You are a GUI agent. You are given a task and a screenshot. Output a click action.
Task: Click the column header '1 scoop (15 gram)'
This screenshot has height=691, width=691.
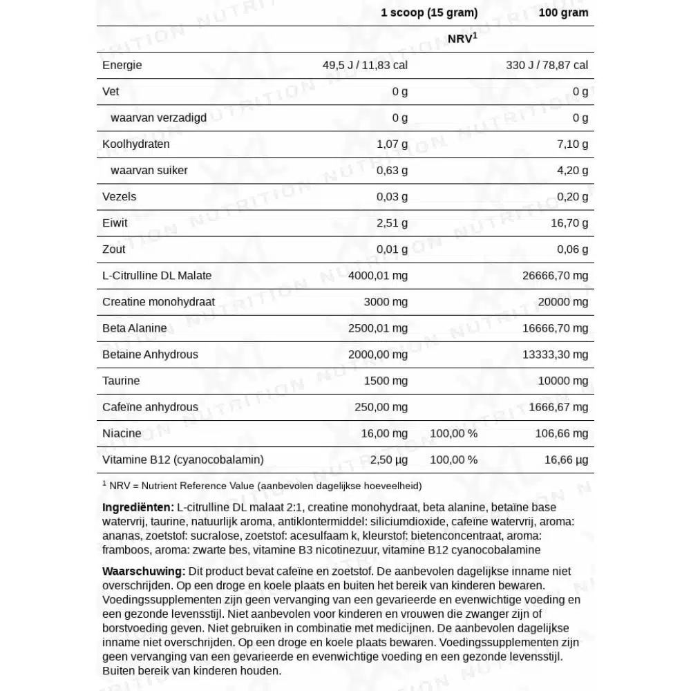coord(429,12)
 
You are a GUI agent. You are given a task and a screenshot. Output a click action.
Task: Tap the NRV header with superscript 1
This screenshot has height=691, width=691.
coord(462,39)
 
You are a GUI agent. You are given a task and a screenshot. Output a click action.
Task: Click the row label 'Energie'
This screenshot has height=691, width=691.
coord(122,65)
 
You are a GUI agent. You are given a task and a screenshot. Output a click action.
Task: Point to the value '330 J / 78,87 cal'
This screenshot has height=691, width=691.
coord(547,65)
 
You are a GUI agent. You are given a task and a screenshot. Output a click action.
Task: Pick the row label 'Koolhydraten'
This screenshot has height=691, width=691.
coord(135,144)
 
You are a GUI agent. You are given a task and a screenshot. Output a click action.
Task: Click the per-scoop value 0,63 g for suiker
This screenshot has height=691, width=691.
coord(392,170)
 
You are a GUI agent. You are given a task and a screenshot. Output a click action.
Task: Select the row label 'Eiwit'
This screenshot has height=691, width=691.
coord(115,223)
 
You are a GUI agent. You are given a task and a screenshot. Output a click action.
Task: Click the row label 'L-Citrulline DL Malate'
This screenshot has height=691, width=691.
coord(157,275)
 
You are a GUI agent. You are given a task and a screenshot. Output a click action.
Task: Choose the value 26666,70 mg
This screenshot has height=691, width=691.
coord(556,275)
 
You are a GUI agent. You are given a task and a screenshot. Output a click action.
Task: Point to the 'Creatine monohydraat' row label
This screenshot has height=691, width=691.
coord(158,301)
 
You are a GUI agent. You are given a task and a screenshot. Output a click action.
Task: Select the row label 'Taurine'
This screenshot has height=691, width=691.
coord(121,380)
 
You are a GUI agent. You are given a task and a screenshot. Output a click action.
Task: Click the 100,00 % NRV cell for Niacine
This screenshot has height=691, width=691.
coord(453,433)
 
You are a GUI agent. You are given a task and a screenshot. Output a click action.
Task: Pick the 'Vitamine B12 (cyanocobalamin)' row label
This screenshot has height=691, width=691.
coord(182,459)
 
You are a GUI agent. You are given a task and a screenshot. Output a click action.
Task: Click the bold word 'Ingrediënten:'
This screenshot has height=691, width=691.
coord(138,507)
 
